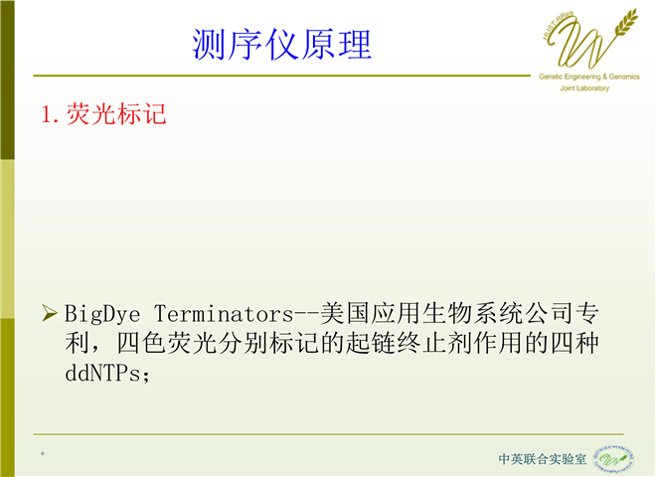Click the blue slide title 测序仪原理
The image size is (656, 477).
pos(281,45)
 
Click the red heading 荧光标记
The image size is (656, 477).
pos(116,114)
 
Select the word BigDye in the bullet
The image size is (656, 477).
pos(102,314)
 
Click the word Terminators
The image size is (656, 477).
pos(224,314)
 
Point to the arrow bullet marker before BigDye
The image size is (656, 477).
pos(50,313)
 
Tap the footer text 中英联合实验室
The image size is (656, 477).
pos(543,459)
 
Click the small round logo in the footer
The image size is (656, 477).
pos(613,459)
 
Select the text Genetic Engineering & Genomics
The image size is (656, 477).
pos(589,77)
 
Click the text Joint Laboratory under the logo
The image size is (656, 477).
pos(584,88)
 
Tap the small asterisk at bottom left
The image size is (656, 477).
pos(43,454)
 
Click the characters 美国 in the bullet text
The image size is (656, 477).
pos(345,313)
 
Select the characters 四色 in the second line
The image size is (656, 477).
pos(141,344)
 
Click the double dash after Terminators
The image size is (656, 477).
pos(307,315)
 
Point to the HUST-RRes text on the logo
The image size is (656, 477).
pos(557,26)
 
